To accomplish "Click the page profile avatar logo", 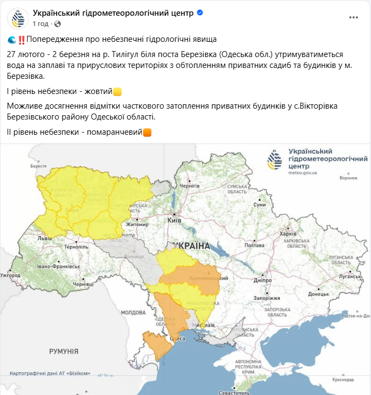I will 18,18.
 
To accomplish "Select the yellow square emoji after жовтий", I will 117,92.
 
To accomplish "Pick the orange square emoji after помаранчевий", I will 147,132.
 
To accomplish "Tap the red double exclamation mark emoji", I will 21,40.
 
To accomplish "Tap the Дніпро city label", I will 262,280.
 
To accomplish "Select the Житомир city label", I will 137,224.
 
